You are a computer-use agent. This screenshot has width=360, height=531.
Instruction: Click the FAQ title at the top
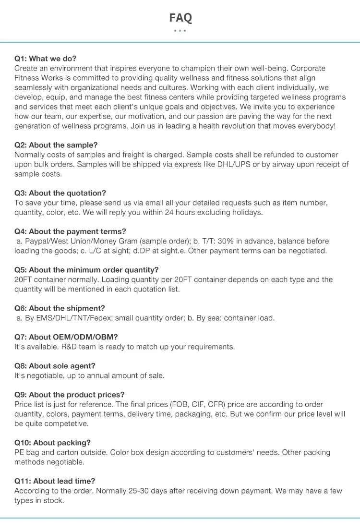(180, 18)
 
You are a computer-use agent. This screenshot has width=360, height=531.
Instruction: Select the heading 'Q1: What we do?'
(45, 59)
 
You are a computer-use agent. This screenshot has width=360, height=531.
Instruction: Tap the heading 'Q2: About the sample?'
(56, 145)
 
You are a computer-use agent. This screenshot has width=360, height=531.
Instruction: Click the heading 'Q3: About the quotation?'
(60, 193)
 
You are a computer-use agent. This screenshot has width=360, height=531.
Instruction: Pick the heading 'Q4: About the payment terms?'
(70, 231)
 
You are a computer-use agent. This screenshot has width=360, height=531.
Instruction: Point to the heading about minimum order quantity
(86, 270)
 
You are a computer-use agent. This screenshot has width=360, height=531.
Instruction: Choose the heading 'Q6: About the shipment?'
(60, 308)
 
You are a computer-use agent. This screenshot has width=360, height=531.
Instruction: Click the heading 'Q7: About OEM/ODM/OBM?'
(66, 337)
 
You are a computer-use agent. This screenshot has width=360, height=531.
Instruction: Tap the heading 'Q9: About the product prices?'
(69, 395)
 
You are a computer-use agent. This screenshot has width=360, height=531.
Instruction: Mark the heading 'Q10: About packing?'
(52, 443)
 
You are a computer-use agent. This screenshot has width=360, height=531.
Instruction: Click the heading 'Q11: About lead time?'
(55, 481)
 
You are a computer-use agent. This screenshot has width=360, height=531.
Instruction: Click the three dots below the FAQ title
(180, 31)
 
